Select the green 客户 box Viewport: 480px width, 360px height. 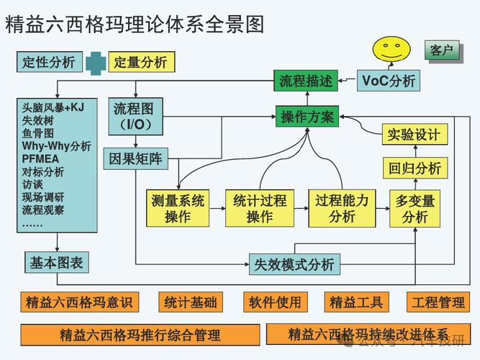click(442, 50)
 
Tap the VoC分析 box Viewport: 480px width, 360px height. click(389, 81)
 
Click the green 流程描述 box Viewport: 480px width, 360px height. click(306, 81)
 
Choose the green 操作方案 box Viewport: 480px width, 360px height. click(307, 117)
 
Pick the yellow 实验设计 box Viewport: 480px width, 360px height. click(414, 135)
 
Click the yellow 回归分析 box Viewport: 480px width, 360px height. click(414, 168)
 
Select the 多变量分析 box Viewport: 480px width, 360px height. click(415, 209)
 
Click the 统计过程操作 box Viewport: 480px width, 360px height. click(260, 208)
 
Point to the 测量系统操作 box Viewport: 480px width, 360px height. click(178, 208)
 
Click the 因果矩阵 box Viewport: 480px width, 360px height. click(135, 158)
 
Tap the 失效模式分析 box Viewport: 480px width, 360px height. click(294, 264)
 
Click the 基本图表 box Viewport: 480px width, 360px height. click(57, 263)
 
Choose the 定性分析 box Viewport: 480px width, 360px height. click(49, 62)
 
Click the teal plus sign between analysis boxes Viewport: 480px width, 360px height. click(96, 62)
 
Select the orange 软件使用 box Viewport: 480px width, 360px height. click(275, 302)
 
